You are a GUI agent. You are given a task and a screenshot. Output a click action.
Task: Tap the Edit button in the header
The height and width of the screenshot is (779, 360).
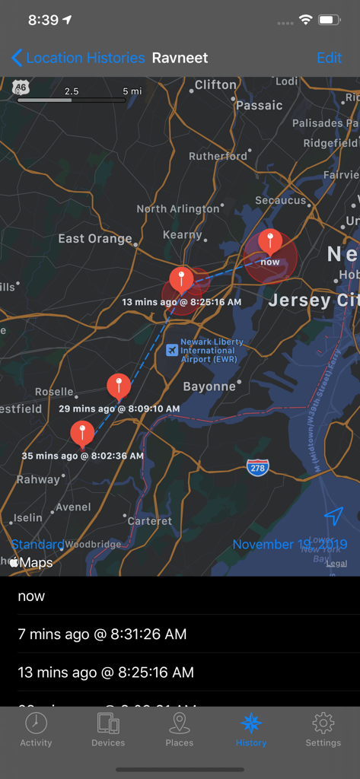tap(329, 58)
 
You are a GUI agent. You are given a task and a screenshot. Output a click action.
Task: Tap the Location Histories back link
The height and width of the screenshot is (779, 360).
tap(78, 58)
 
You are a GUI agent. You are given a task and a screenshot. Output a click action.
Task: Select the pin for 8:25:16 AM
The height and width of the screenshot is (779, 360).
tap(181, 279)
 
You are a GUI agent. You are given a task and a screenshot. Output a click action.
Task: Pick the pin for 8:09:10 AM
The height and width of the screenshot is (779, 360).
tap(118, 386)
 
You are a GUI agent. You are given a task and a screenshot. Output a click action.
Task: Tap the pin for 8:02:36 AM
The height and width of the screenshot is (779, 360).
tap(82, 433)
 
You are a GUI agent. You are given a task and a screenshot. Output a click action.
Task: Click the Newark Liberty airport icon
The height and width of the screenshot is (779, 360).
tap(172, 349)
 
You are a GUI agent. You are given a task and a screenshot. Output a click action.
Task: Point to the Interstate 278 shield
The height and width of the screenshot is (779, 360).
tap(257, 468)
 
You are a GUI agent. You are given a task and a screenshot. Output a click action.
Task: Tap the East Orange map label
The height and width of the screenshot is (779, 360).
tap(95, 239)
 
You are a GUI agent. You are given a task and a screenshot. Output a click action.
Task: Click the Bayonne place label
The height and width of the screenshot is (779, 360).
tap(209, 386)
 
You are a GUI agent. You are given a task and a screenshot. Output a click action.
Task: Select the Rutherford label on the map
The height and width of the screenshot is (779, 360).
tap(218, 156)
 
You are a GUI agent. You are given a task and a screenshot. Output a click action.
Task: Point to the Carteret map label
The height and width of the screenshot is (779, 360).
tap(149, 521)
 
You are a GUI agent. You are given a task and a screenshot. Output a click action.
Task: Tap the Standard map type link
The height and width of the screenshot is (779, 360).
tap(37, 545)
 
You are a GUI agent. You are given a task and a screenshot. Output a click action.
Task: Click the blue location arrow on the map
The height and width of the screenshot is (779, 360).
tap(333, 517)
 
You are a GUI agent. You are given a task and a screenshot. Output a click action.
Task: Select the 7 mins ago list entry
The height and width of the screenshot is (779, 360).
tap(102, 634)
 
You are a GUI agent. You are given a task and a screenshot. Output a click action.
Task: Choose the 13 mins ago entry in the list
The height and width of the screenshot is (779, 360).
tap(106, 672)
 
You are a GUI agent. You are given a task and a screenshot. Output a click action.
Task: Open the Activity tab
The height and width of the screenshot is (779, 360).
tap(36, 730)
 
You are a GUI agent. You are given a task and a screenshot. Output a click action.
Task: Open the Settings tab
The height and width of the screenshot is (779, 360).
tap(323, 730)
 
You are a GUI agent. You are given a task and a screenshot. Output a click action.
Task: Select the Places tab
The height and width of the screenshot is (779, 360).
tap(180, 730)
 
